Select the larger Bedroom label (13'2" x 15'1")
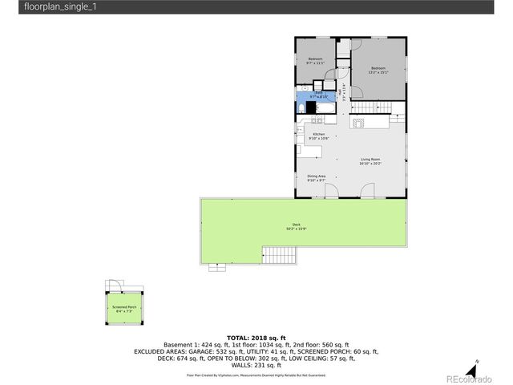click(378, 70)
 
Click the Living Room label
click(370, 161)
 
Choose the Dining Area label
click(316, 178)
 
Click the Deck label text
click(296, 226)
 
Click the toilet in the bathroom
click(301, 107)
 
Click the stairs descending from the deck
click(281, 257)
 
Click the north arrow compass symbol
click(472, 365)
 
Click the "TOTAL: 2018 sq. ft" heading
click(256, 338)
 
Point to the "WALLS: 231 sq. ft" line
click(256, 365)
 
